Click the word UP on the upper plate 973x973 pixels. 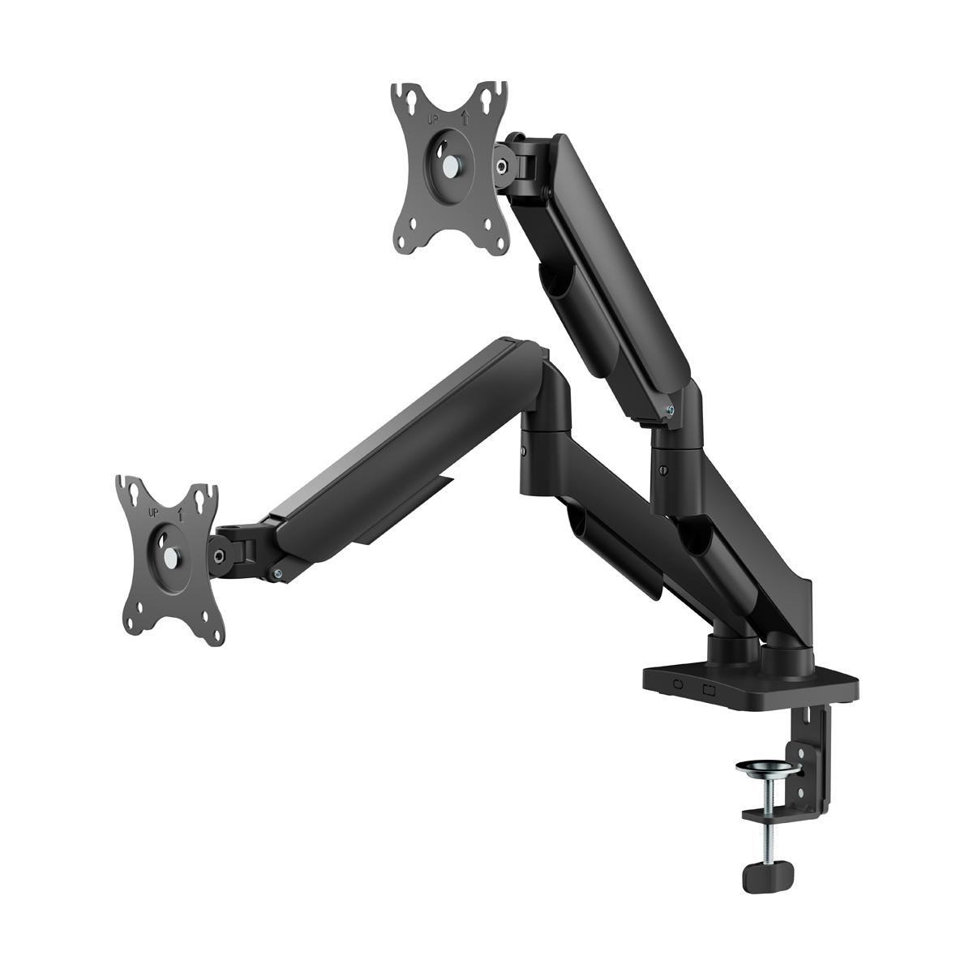point(433,121)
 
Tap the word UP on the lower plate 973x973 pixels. point(153,512)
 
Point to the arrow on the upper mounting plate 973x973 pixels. point(465,118)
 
